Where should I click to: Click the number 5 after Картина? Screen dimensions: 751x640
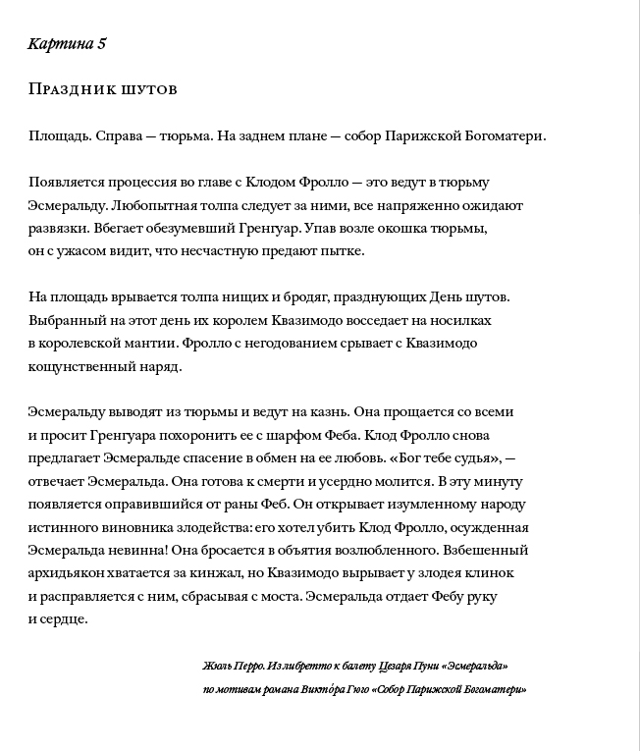101,45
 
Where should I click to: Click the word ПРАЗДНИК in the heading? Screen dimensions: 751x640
72,90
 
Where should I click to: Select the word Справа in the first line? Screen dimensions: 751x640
121,136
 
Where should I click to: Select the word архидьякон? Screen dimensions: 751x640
70,573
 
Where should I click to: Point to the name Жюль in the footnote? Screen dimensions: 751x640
216,666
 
